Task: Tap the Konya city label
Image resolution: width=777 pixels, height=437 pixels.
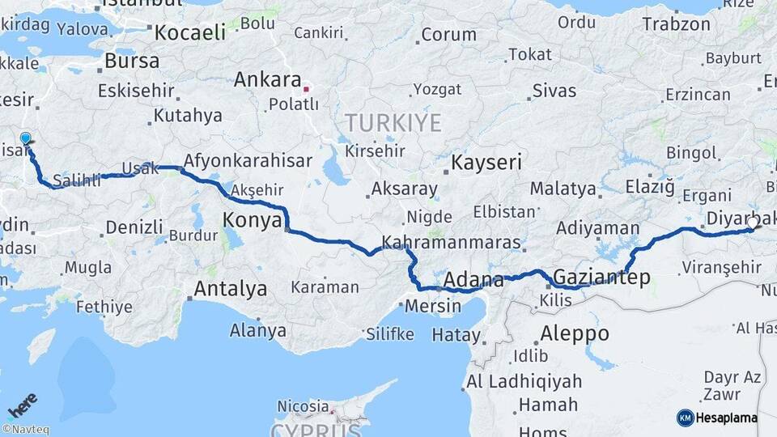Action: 253,219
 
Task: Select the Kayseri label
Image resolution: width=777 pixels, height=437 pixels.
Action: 486,162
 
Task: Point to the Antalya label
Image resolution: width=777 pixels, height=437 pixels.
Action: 231,288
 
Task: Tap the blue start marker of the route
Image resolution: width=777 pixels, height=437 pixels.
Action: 25,139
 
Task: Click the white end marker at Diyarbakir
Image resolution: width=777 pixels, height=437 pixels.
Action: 753,223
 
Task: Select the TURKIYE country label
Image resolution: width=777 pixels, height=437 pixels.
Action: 393,124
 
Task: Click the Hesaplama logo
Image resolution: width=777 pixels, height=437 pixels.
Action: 717,418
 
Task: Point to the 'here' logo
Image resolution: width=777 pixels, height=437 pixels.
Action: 23,405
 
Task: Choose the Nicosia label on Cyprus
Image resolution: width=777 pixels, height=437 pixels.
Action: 304,405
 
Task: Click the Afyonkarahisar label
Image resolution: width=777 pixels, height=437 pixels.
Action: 248,160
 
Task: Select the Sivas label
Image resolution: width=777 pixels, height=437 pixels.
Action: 554,90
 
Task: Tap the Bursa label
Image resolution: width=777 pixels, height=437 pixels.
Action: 132,61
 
